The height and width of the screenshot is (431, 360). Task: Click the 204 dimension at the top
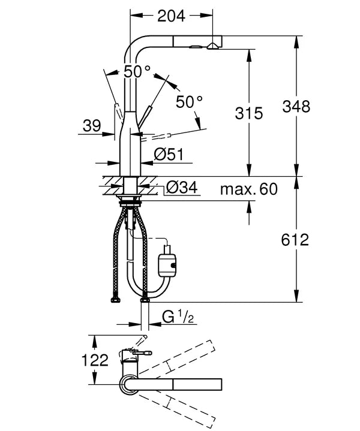coord(171,17)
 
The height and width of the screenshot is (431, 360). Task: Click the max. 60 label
coord(248,191)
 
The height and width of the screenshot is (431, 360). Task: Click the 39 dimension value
coord(92,125)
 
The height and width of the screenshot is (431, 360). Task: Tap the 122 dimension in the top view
coord(95,360)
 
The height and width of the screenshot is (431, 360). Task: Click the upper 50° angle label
coord(137,71)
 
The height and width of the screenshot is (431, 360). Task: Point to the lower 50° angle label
coord(190,102)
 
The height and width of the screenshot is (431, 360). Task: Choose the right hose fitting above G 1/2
coord(145,298)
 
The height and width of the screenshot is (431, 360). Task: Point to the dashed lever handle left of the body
coord(118,111)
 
